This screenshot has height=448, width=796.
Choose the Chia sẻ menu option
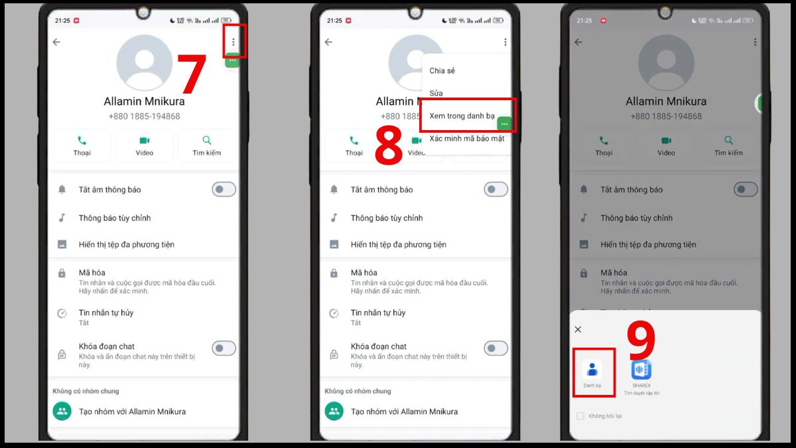coord(442,71)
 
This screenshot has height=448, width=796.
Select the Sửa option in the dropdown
coord(436,94)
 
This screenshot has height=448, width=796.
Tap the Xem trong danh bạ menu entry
coord(462,116)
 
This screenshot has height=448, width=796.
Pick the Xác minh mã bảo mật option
coord(466,139)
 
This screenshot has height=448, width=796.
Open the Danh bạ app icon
coord(592,370)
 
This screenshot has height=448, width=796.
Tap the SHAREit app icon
coord(641,370)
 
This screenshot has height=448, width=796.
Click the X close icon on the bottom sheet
coord(578,329)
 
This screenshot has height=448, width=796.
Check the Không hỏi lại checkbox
coord(580,416)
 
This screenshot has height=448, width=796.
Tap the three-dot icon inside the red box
coord(233,42)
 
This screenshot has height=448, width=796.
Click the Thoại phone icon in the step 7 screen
coord(82,141)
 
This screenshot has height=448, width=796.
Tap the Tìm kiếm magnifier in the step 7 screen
coord(207,141)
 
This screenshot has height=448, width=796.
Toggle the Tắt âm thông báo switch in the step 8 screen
coord(496,190)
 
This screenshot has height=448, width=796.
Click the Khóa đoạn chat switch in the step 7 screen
coord(224,348)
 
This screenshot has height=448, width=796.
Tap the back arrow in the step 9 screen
coord(578,42)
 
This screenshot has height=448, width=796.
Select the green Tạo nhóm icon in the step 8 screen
coord(334,411)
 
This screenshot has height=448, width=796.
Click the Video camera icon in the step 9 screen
coord(666,141)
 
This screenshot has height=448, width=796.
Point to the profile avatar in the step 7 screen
coord(144,63)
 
